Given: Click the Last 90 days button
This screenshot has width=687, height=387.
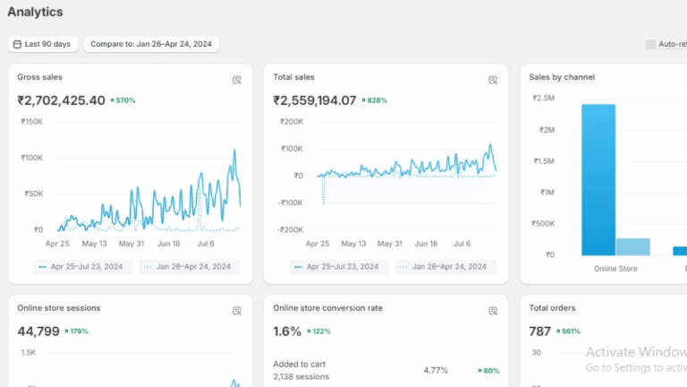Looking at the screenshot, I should point(43,44).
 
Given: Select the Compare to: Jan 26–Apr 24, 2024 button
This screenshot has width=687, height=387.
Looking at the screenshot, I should point(151,44).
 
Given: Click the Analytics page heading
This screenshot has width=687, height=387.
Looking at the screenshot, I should point(35,13).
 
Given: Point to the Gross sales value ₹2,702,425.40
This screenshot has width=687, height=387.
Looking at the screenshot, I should point(61,100).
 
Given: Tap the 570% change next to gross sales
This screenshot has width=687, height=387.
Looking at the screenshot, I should point(123,100).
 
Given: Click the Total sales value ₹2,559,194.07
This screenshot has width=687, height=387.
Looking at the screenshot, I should point(315,100).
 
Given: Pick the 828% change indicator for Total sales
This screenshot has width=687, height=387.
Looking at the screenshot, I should point(375,100).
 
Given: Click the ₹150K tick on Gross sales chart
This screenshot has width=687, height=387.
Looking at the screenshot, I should point(32,121).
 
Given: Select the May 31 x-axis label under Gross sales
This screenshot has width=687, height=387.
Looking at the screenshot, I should point(131,243).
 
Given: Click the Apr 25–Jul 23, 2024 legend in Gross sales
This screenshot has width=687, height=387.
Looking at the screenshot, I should point(85,266).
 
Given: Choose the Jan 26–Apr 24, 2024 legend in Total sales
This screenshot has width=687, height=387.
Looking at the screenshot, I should point(445,266).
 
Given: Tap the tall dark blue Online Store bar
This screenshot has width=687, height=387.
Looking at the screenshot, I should point(598,179).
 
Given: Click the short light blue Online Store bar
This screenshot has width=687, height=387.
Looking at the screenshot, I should point(632,246).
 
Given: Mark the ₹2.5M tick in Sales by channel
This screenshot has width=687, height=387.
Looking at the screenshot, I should point(543,99).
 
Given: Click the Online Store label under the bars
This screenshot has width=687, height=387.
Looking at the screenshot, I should point(615,268).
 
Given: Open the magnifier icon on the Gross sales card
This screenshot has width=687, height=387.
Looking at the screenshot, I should point(237,80).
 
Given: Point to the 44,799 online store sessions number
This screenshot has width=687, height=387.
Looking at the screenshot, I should point(38,331).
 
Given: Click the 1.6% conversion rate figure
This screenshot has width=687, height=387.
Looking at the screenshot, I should point(287,331).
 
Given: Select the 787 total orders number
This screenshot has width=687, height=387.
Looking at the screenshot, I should point(539,331).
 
